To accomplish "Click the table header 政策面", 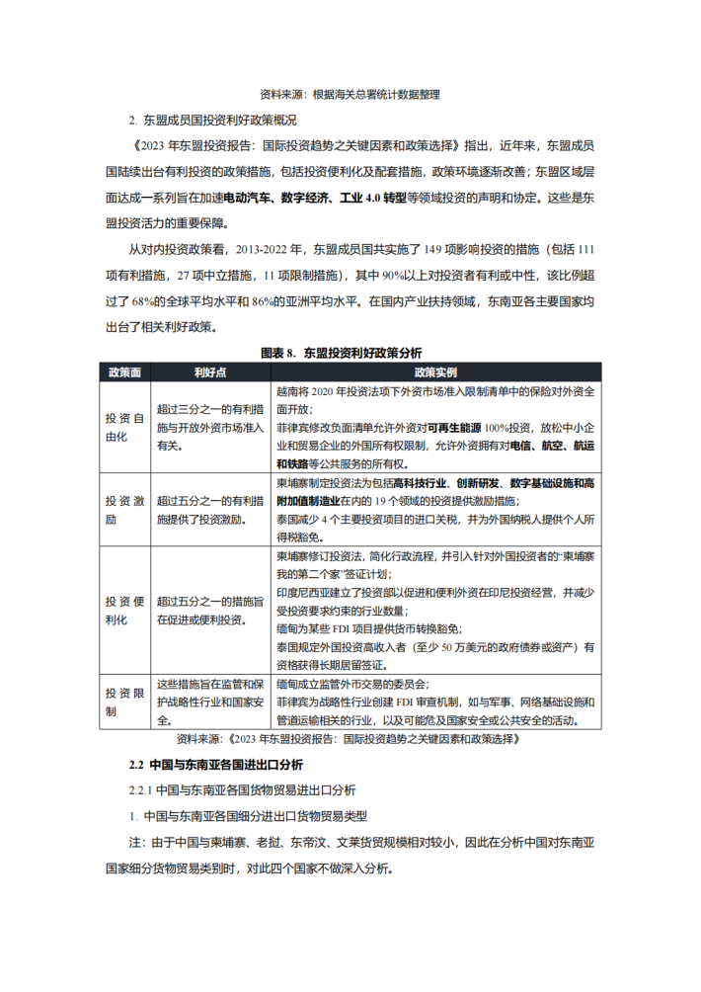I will click(123, 372).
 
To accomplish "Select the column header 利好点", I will click(210, 372).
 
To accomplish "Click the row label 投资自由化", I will click(123, 426).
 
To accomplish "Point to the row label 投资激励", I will click(123, 510).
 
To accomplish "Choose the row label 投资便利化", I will click(123, 610).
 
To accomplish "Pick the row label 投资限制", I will click(123, 701).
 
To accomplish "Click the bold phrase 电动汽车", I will click(250, 198).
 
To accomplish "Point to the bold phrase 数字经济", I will click(306, 198).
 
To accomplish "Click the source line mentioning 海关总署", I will click(349, 96).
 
